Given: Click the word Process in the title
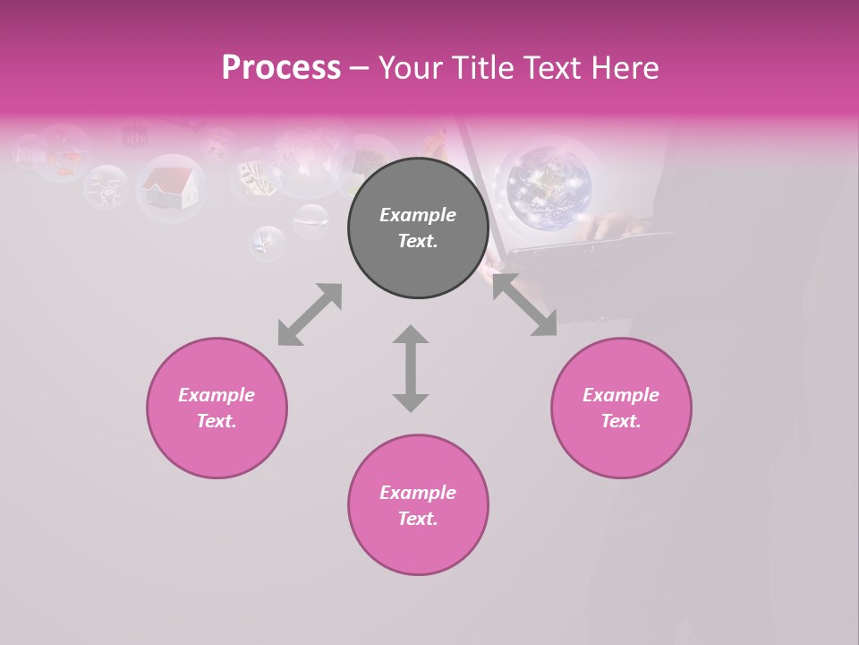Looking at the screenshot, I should pyautogui.click(x=281, y=68).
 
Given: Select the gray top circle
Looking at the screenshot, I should pyautogui.click(x=418, y=228).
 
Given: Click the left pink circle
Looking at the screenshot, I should pyautogui.click(x=217, y=408).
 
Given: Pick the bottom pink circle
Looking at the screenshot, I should pyautogui.click(x=418, y=504).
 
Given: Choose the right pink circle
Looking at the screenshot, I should pyautogui.click(x=621, y=408).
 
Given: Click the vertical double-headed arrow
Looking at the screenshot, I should pyautogui.click(x=411, y=368).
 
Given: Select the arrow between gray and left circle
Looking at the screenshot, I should pyautogui.click(x=310, y=314).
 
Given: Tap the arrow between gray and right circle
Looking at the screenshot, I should pyautogui.click(x=525, y=305).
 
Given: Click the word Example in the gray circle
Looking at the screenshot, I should pyautogui.click(x=418, y=215).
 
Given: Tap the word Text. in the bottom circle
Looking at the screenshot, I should pyautogui.click(x=418, y=519).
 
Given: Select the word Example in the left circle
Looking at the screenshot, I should pyautogui.click(x=217, y=395).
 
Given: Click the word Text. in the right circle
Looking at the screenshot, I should pyautogui.click(x=621, y=421).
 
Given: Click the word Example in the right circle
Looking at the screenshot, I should pyautogui.click(x=621, y=395).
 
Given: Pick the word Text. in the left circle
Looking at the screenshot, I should pyautogui.click(x=217, y=421).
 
